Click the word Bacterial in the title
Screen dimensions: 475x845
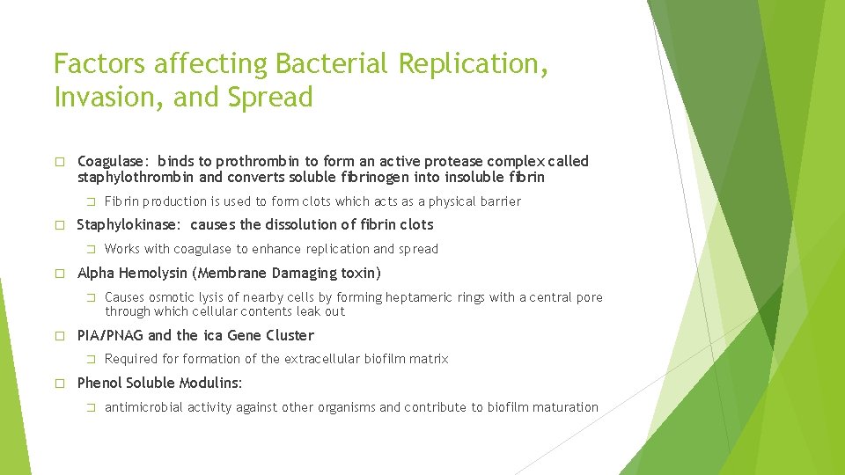[332, 64]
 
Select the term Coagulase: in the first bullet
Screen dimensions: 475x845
[114, 161]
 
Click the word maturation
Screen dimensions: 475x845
[566, 407]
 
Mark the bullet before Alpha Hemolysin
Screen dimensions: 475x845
[59, 274]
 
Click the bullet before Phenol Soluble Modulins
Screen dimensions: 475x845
[59, 384]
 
